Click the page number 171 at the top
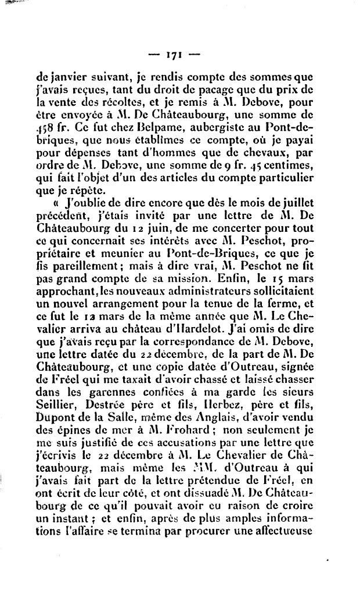coord(174,56)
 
